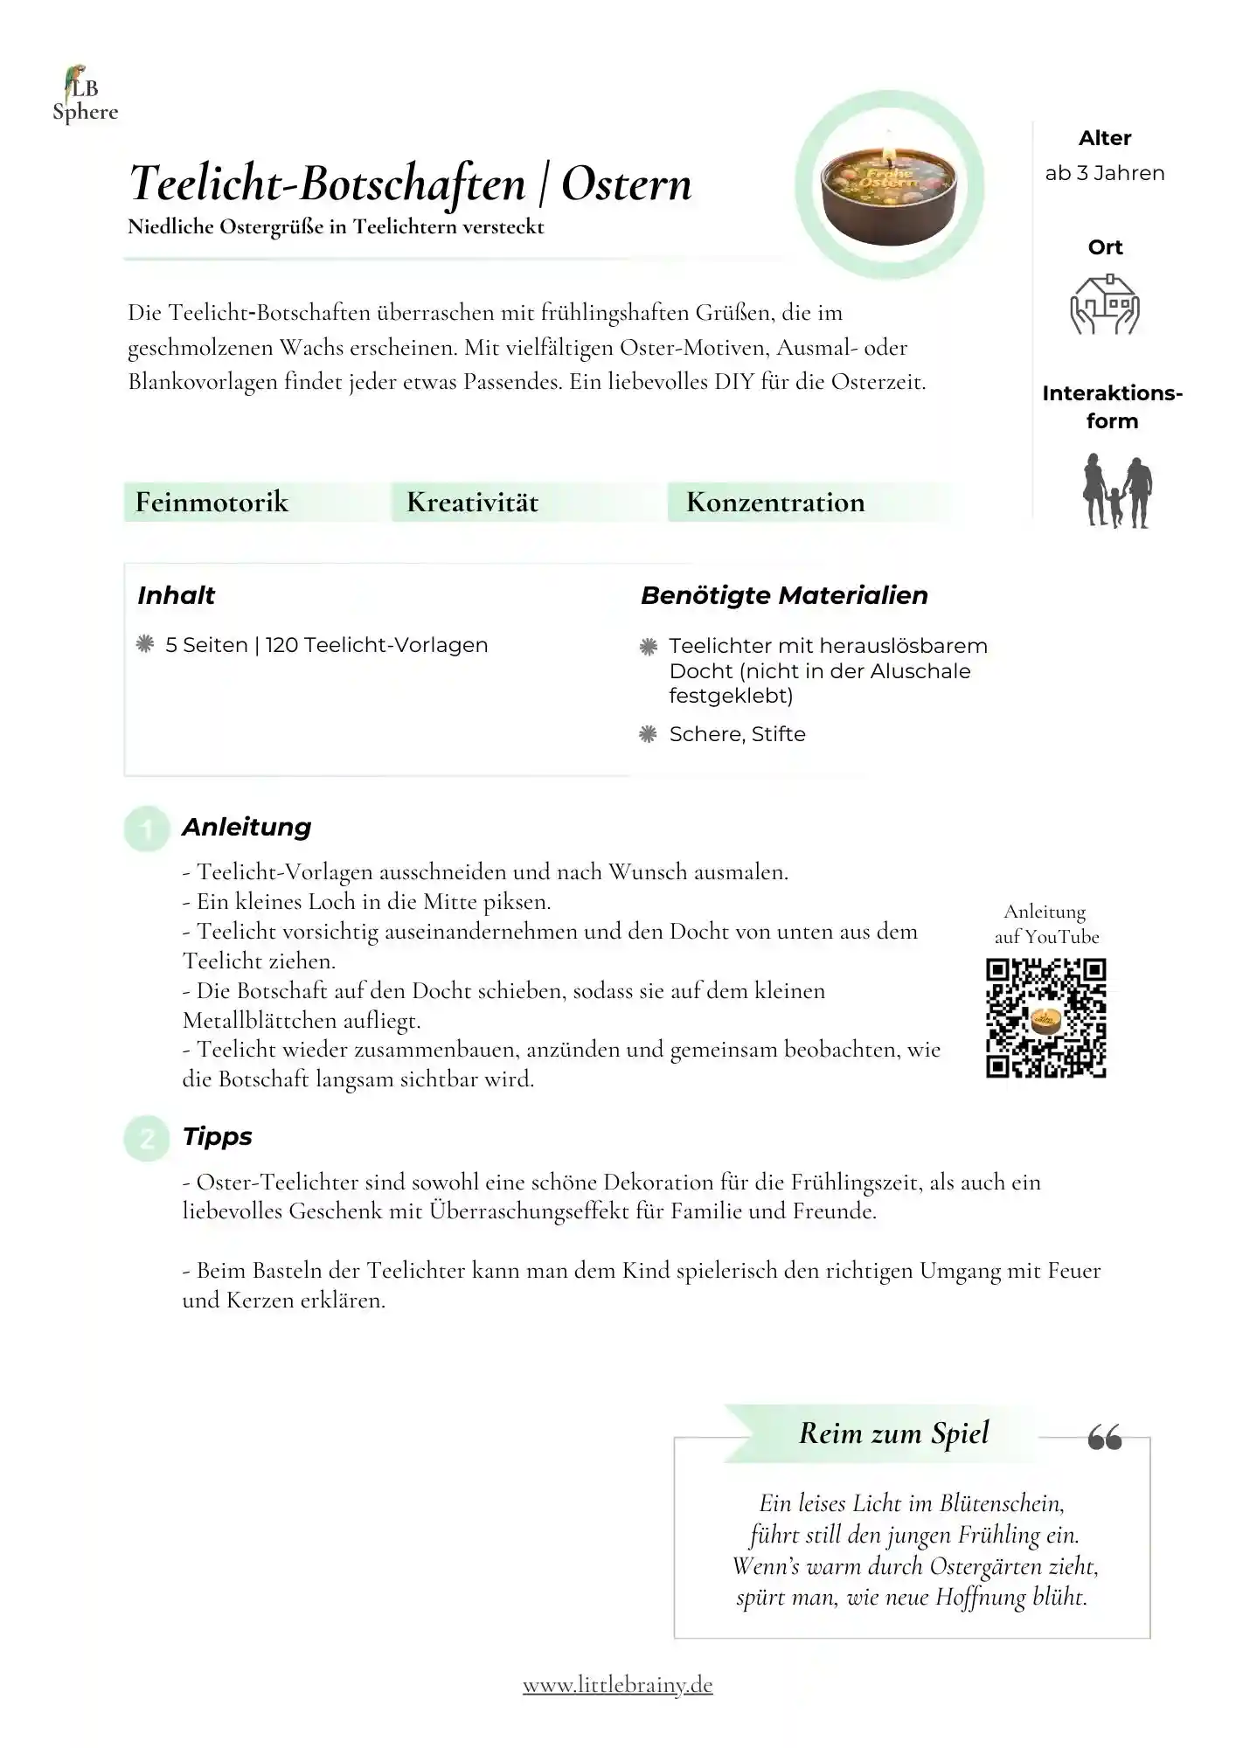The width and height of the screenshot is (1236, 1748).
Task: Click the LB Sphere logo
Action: click(84, 95)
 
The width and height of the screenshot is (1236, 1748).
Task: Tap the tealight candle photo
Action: click(890, 185)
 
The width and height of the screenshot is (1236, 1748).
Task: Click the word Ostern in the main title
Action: click(626, 184)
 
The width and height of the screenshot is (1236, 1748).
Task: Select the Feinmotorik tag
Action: click(212, 503)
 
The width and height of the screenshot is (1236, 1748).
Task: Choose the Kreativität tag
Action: click(472, 503)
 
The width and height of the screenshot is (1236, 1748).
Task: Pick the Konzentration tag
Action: click(775, 503)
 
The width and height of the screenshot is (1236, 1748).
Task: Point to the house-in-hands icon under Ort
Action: click(1105, 304)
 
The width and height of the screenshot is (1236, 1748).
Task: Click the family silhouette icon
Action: click(1117, 491)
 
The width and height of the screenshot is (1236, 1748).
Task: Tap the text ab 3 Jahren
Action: click(1105, 173)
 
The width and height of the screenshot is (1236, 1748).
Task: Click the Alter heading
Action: click(1105, 138)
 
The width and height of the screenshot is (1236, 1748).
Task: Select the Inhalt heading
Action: click(176, 596)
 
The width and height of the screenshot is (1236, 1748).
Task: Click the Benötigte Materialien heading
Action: click(784, 596)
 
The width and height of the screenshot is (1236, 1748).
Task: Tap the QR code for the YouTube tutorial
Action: click(1046, 1018)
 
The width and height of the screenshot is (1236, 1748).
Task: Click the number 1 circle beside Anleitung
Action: click(146, 829)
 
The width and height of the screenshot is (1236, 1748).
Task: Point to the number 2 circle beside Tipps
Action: click(146, 1138)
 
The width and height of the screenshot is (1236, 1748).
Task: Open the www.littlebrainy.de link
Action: click(618, 1684)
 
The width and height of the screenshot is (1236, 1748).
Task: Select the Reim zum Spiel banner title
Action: click(893, 1433)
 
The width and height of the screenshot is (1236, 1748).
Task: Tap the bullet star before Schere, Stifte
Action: click(648, 734)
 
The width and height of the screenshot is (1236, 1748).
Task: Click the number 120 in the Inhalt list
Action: click(281, 645)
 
